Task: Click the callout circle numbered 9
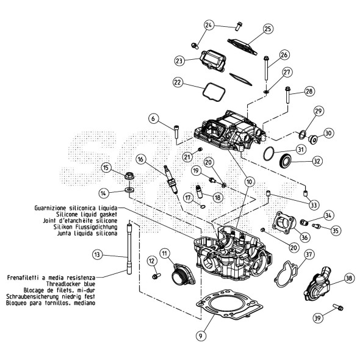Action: tap(201, 336)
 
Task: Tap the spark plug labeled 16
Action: tap(171, 180)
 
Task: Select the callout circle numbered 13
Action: tap(97, 254)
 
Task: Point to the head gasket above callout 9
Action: tap(229, 304)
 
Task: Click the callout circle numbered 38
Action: tap(349, 278)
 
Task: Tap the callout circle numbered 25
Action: tap(268, 29)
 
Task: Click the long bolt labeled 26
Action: tap(266, 68)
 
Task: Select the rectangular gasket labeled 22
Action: tap(214, 92)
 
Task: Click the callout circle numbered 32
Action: tap(317, 161)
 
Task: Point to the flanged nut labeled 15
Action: tap(129, 176)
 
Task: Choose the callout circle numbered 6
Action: tap(153, 119)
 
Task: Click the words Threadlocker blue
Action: tap(71, 284)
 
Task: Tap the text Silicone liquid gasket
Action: tap(87, 214)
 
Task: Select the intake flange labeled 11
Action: tap(184, 275)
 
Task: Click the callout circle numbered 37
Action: tap(309, 254)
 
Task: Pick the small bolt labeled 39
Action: tap(338, 307)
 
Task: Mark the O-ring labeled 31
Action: tap(268, 154)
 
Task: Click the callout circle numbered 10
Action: tap(249, 182)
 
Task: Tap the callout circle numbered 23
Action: tap(179, 61)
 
